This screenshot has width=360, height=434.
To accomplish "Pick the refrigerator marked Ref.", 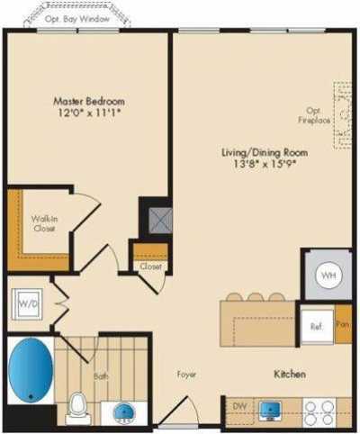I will tap(316, 326).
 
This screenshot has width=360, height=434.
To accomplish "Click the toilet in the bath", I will tap(77, 405).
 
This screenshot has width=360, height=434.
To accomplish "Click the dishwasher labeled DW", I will tap(239, 407).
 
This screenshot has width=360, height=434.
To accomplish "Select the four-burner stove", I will tap(320, 411).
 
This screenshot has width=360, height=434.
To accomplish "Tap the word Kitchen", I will tap(290, 373).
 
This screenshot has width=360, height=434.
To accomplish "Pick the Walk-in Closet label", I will tap(42, 223).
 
